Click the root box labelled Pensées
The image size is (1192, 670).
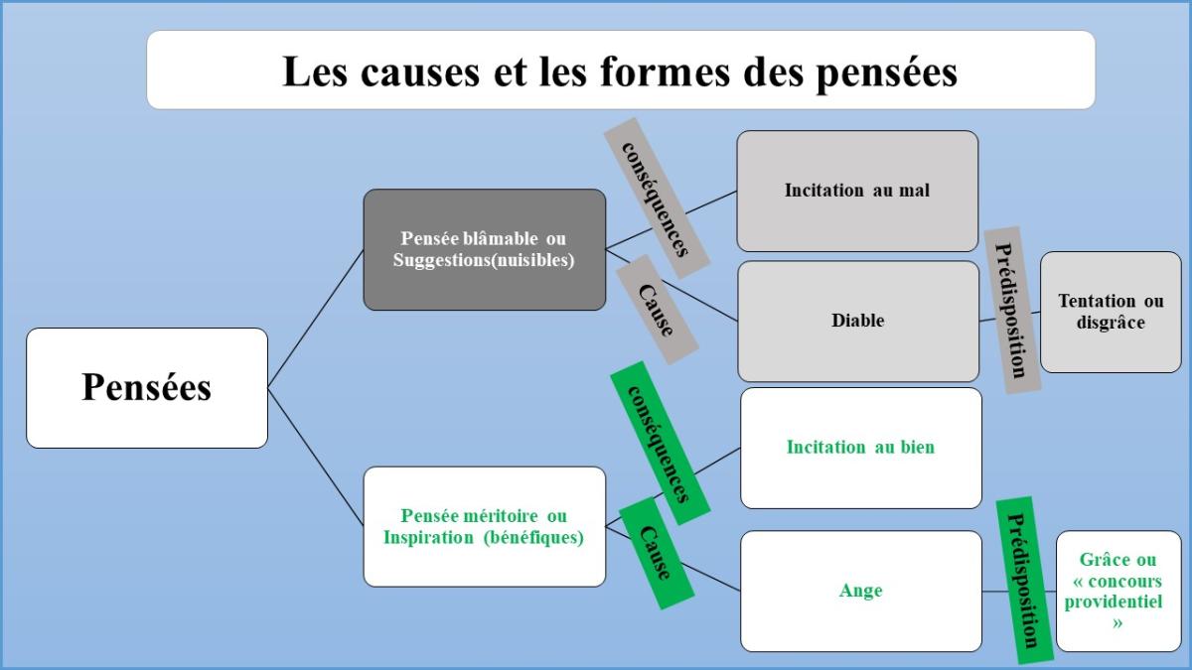click(x=147, y=388)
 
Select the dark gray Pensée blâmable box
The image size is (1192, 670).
click(x=485, y=249)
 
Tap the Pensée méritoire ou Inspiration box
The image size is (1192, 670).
click(x=485, y=526)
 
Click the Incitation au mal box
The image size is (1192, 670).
click(x=857, y=191)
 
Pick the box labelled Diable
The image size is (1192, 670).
click(x=858, y=321)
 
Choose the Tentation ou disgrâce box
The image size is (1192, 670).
click(x=1111, y=312)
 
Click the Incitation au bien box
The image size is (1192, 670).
click(x=860, y=448)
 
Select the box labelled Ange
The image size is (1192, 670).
click(x=860, y=591)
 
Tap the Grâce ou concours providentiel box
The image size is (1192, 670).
click(x=1118, y=591)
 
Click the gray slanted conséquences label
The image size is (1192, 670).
click(x=657, y=199)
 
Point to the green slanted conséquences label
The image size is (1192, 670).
click(x=661, y=443)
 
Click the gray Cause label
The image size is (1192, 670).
click(x=658, y=310)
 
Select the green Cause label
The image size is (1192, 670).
click(x=658, y=553)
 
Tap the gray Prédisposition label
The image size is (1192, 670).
click(x=1012, y=310)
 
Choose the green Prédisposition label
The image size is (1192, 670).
click(x=1024, y=580)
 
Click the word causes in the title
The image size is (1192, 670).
click(x=420, y=71)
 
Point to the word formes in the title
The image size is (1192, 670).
click(x=666, y=70)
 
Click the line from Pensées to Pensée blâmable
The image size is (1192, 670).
click(x=316, y=319)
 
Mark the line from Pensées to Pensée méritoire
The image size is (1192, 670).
click(x=316, y=458)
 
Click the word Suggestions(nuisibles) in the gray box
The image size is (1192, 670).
click(x=484, y=260)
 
